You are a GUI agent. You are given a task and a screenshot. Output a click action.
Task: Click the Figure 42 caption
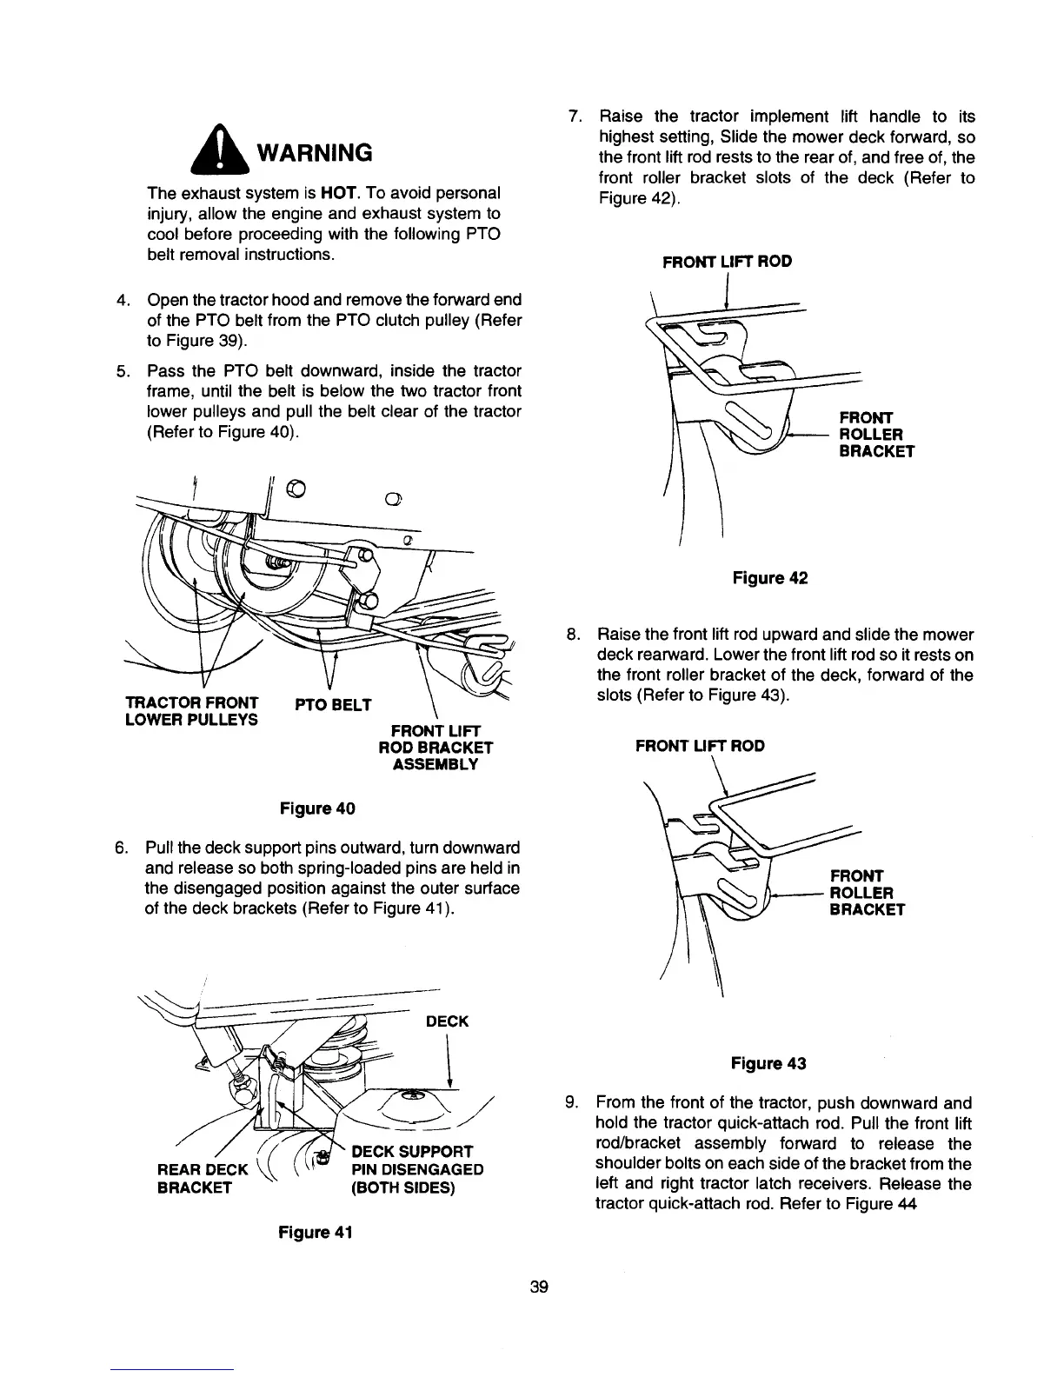[x=770, y=577]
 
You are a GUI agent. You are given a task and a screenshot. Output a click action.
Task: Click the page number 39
[x=539, y=1287]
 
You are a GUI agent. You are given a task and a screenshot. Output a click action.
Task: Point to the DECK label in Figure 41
[x=447, y=1021]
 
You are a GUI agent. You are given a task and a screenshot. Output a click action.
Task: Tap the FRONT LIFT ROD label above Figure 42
[x=727, y=261]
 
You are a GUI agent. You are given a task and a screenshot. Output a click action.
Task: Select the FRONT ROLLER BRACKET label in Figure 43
[x=868, y=892]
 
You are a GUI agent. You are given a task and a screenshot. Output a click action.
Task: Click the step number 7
[x=574, y=116]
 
